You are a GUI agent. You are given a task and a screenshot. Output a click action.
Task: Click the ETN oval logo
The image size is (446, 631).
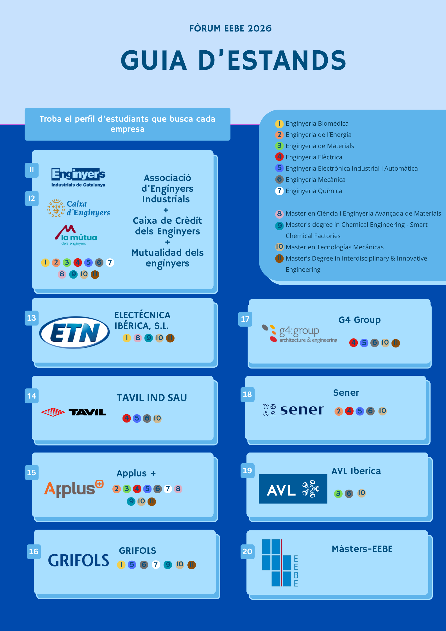pos(74,333)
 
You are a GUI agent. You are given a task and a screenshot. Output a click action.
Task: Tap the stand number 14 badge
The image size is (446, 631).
pos(32,396)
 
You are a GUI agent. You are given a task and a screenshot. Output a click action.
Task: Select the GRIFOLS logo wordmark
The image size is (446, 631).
pos(78,560)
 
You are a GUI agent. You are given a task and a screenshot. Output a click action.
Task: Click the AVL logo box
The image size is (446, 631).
pos(293,489)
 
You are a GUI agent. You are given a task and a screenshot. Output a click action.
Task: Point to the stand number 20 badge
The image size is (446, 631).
pos(247,551)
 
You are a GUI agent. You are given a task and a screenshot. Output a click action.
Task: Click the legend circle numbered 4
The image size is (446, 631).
pos(279,157)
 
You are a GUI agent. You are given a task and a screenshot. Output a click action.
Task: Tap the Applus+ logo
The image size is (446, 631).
pos(74,489)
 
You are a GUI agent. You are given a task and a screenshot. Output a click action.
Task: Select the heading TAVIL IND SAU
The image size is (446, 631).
pos(152,398)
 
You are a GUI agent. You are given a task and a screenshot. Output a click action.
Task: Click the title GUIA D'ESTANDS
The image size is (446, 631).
pos(233,60)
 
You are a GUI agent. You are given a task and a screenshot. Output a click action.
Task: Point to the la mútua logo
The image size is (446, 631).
pos(76,235)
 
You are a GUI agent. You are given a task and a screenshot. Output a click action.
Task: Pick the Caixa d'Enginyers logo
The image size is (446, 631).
pos(79,208)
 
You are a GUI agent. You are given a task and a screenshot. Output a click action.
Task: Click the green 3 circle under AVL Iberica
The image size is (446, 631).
pos(338,494)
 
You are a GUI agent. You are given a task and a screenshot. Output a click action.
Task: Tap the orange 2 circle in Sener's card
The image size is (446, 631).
pos(339,411)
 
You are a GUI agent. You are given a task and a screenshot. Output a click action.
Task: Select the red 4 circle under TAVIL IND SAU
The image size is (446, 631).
pos(127,419)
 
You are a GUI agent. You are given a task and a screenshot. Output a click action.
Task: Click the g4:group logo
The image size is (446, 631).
pos(300,334)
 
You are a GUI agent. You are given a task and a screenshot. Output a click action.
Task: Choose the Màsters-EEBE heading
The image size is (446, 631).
pos(362,549)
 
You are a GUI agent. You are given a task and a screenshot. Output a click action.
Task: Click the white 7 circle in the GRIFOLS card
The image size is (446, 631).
pos(156,564)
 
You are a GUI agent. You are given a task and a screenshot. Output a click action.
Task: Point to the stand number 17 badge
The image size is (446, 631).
pos(245,319)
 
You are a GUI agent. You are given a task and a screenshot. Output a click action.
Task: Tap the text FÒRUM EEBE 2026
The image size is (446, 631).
pos(230,28)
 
